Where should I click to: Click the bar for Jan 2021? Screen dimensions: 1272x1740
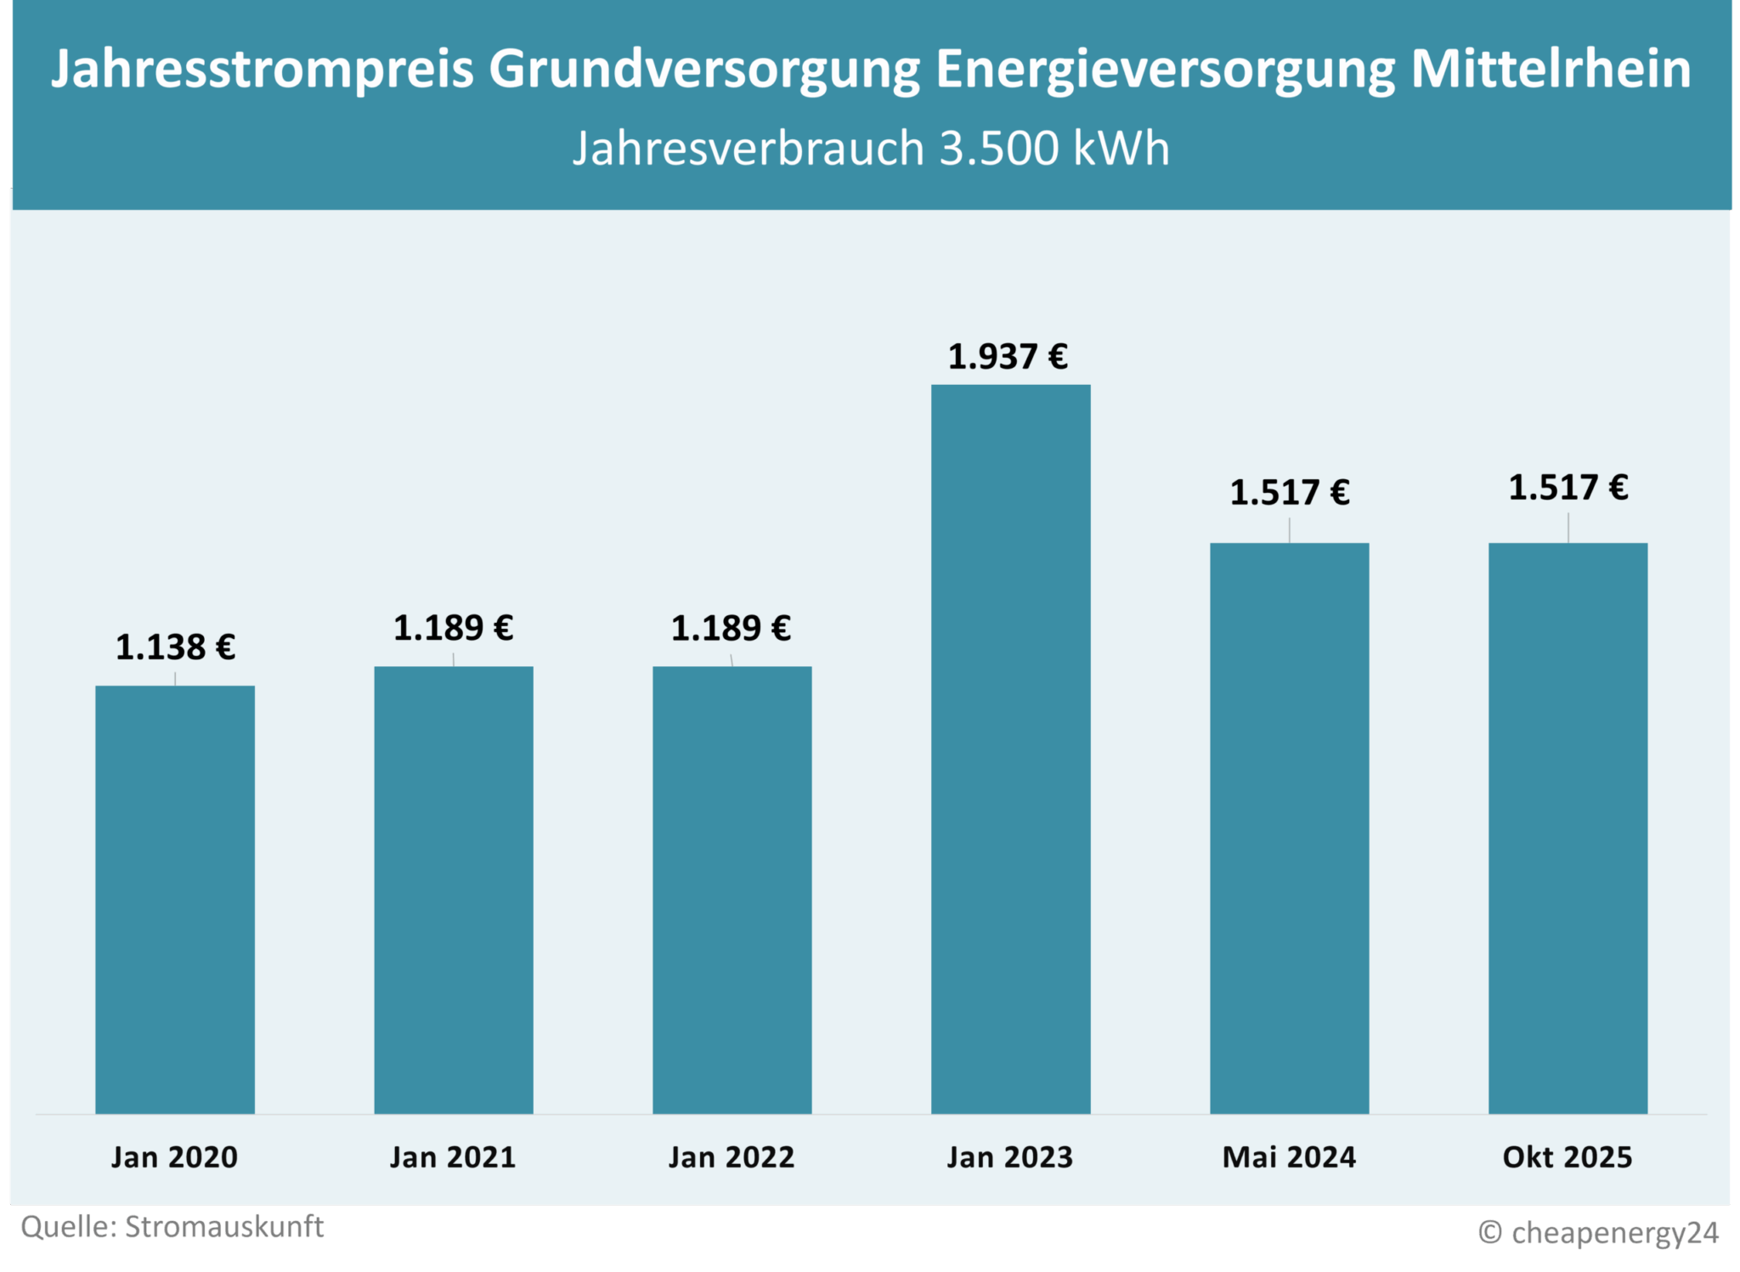point(454,890)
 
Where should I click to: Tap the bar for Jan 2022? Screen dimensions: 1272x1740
point(732,890)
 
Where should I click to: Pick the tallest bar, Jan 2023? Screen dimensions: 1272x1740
point(1010,749)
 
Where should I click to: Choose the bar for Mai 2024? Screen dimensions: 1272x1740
point(1289,828)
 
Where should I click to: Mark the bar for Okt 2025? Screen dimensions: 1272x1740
point(1568,828)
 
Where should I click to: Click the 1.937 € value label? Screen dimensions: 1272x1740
point(1008,357)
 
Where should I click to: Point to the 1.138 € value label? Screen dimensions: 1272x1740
point(175,647)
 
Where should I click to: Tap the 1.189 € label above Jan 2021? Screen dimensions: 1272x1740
point(453,629)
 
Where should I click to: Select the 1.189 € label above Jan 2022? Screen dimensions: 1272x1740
point(731,629)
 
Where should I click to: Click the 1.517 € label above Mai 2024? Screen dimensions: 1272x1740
point(1290,493)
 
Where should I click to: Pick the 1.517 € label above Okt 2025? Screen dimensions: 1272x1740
point(1568,488)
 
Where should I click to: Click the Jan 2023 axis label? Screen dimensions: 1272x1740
point(1010,1157)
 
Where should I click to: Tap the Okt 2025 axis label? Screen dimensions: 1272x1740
point(1568,1157)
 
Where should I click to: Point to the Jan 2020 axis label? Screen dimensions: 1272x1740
point(175,1157)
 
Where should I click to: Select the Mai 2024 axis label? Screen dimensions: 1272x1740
point(1289,1157)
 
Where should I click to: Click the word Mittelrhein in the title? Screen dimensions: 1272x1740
point(1551,70)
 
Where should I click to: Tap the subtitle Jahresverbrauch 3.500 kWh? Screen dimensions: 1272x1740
point(871,149)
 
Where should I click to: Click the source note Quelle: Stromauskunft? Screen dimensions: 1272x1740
point(172,1227)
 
